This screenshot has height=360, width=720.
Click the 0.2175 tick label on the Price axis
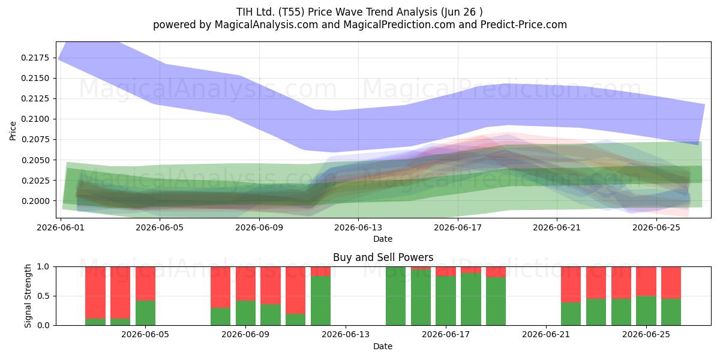click(35, 58)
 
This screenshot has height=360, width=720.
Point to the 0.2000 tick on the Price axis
click(35, 201)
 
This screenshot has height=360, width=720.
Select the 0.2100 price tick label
click(35, 119)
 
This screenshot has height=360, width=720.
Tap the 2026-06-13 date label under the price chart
click(358, 227)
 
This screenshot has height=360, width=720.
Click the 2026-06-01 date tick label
click(61, 227)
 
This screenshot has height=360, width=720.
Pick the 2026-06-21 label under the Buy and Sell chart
click(546, 335)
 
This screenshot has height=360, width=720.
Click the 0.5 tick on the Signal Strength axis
click(43, 296)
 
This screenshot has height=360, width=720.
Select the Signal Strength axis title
click(28, 296)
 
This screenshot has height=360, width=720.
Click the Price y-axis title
click(13, 131)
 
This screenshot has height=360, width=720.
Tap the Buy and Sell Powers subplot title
click(383, 257)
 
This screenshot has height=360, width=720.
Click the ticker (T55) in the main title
click(291, 12)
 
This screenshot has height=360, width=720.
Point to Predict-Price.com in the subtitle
click(524, 25)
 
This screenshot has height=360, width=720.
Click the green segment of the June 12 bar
click(320, 301)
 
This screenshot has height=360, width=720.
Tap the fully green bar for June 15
click(395, 296)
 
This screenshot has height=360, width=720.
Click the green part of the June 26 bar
click(671, 312)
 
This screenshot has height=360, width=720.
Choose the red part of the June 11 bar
click(295, 290)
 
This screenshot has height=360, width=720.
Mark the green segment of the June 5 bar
click(145, 313)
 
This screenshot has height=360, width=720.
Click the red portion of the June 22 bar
click(571, 284)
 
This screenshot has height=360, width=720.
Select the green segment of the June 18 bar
click(471, 299)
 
